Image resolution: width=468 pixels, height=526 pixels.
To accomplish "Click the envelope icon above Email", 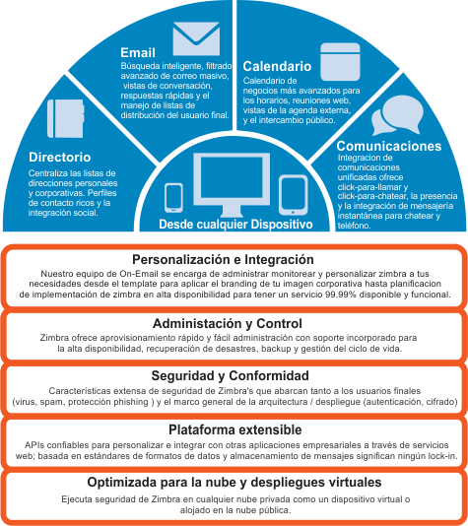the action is coord(196,39).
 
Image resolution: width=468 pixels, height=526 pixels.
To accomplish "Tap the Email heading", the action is coord(138,52).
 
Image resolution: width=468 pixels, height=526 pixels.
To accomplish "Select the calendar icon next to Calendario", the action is coord(340,62).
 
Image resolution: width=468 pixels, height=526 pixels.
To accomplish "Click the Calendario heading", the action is coord(277,66).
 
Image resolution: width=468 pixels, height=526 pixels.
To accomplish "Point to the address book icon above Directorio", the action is coord(66,118).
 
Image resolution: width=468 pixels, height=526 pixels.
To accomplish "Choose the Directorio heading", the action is coord(60,157).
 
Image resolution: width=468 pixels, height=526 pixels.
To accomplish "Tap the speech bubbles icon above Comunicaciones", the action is coord(397,115).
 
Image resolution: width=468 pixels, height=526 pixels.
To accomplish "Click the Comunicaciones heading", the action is coord(389,146).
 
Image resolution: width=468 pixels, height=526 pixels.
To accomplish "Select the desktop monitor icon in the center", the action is coord(232,184).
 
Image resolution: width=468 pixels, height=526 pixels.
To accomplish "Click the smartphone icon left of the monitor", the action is coord(173,198).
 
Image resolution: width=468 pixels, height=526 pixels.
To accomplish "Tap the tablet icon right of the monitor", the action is coord(294,195).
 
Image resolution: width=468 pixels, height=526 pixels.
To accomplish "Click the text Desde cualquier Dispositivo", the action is coord(235,224).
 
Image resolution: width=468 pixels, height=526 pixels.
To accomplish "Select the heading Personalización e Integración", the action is coord(223,259).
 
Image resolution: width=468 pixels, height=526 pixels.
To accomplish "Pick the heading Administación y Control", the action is coord(228,323).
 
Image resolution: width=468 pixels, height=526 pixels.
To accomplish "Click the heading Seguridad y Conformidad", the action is coord(230,375).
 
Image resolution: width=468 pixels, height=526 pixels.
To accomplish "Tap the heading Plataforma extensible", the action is coord(234,429).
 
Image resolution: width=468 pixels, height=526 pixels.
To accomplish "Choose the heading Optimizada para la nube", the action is coord(234,482).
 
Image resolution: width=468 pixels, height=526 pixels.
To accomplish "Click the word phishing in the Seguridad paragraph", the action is coord(133,402).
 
